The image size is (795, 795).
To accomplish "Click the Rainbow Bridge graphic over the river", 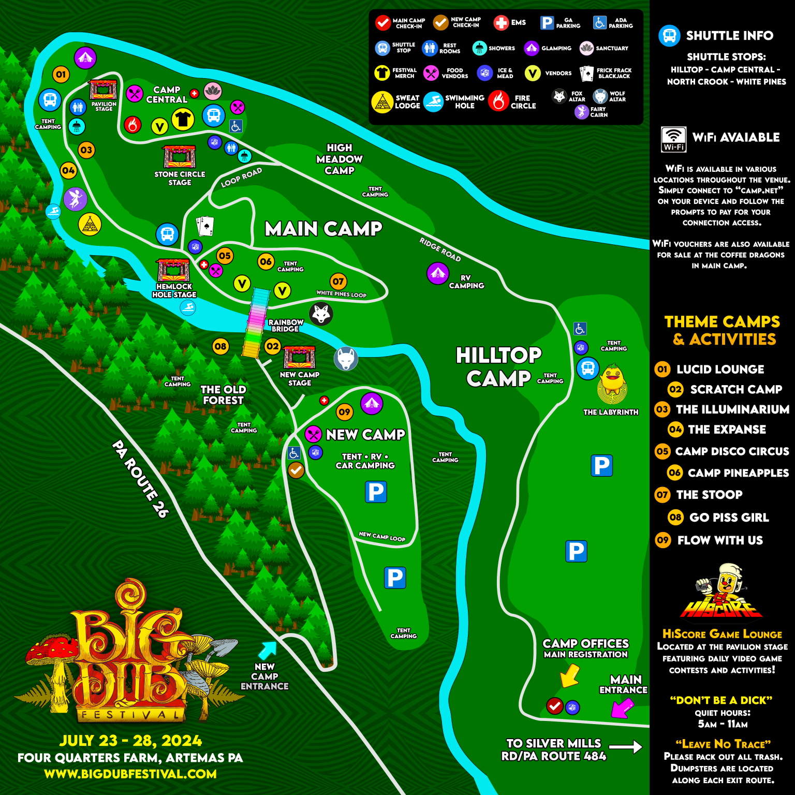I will coord(256,323).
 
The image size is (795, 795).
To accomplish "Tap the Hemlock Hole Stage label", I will coord(174,290).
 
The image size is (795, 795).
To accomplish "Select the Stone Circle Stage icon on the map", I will coord(180,157).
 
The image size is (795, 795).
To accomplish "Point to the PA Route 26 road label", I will coord(140,478).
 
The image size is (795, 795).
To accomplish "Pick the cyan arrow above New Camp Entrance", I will coord(268,649).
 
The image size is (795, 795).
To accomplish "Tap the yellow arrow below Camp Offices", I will coord(569,675).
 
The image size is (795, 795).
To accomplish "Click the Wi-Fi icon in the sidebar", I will coord(673,139).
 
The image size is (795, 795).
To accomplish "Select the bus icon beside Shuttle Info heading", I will coord(669,36).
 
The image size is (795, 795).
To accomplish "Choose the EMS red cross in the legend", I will coord(500,23).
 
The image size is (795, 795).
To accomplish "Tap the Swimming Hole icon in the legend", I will coord(433,102).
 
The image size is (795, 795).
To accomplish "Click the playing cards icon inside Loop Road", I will coord(205,226).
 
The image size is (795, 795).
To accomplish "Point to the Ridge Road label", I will coord(440,249).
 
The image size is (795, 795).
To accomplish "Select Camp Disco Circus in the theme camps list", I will coord(732,451).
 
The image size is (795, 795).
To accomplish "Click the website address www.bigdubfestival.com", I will coord(130,774).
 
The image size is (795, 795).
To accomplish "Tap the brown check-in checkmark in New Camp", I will coord(296,470).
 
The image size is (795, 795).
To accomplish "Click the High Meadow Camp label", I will coord(340,159).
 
